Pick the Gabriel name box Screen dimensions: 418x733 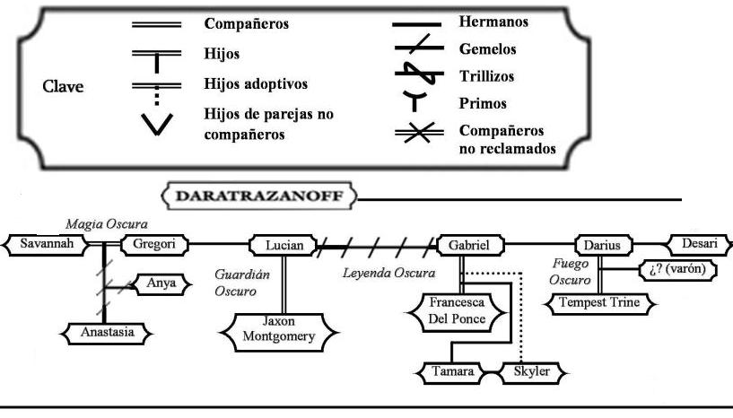[x=469, y=245]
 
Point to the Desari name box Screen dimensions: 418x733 [x=695, y=244]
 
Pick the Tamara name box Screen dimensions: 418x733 [x=450, y=370]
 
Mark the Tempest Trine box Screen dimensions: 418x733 [x=599, y=303]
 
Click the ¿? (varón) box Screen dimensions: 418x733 [x=677, y=270]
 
